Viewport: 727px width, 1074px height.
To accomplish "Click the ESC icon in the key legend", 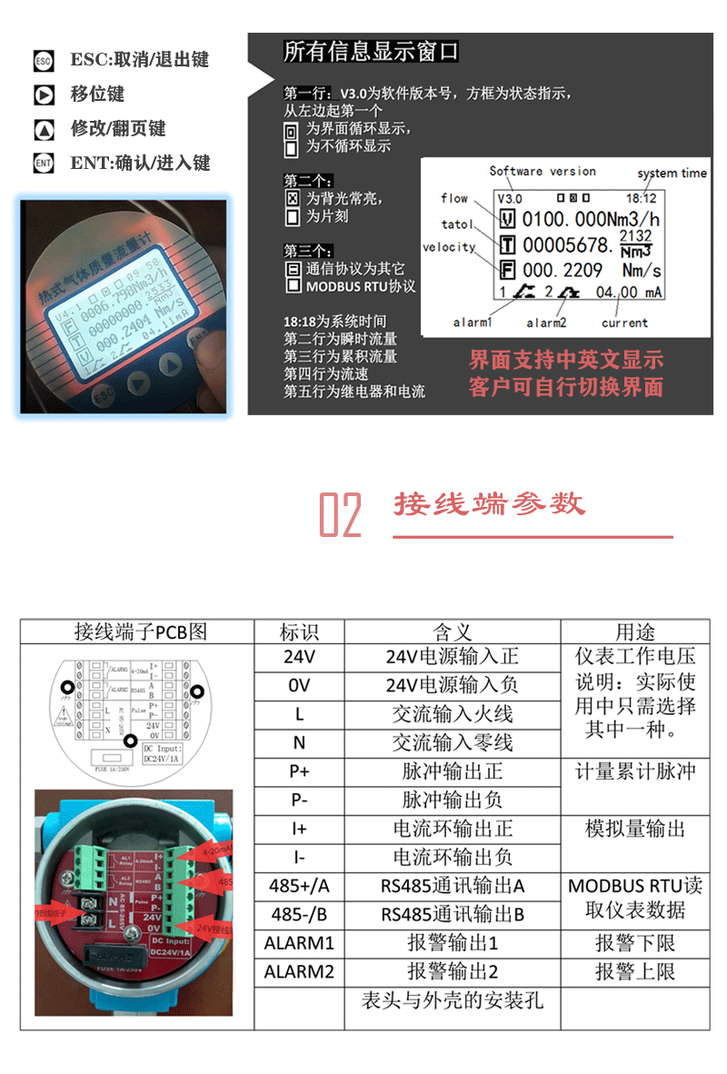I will tap(44, 61).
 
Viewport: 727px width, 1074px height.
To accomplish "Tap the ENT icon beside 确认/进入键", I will tap(44, 164).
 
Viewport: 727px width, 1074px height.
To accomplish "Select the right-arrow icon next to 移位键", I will tap(44, 94).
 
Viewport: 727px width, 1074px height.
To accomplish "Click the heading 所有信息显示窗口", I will tap(371, 52).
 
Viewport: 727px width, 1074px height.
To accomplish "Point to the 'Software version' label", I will tap(543, 171).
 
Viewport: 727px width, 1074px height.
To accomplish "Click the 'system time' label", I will tap(672, 173).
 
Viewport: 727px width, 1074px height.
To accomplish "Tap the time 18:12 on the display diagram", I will tap(641, 196).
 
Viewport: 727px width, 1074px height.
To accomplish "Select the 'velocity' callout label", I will tap(449, 247).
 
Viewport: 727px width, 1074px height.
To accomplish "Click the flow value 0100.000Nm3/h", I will tap(591, 220).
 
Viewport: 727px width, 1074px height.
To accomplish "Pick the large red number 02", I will tap(341, 515).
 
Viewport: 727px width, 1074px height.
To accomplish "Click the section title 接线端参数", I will tap(490, 504).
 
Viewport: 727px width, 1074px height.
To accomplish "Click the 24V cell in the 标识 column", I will tap(299, 657).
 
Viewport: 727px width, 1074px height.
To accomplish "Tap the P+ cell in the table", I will tap(299, 771).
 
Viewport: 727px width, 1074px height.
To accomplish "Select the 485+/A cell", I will tap(299, 886).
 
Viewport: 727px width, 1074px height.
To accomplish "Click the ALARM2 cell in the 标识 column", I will tap(299, 972).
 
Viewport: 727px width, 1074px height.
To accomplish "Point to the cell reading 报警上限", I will tap(635, 972).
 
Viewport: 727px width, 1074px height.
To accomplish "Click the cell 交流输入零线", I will tap(453, 743).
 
